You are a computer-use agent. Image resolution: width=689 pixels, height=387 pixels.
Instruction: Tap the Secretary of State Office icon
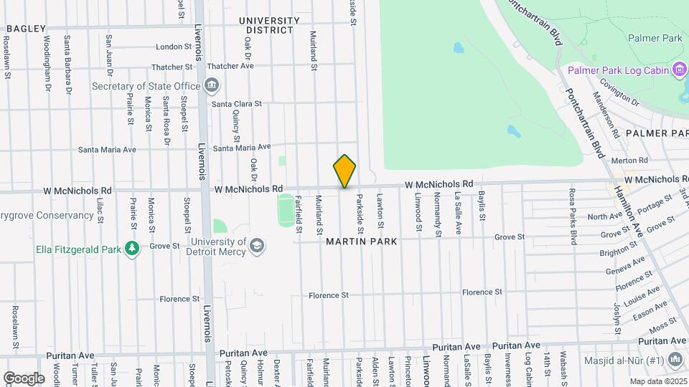click(x=212, y=87)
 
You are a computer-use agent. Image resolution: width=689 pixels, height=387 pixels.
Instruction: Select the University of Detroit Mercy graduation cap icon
click(x=256, y=247)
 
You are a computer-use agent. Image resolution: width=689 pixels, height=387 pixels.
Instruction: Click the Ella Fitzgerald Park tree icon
click(x=131, y=249)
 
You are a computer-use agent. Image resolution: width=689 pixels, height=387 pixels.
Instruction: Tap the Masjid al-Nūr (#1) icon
click(x=675, y=359)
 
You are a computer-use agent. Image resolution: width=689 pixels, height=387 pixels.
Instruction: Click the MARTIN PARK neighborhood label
click(x=362, y=242)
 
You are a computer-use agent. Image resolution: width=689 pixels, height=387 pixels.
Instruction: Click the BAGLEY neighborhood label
click(x=27, y=29)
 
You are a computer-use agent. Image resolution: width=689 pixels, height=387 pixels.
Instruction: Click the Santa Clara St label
click(x=237, y=104)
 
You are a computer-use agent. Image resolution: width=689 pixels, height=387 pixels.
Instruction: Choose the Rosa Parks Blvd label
click(x=573, y=216)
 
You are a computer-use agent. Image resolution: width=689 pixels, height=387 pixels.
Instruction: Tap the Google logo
click(x=24, y=378)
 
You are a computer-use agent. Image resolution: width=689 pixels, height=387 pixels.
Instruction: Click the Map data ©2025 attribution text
click(x=656, y=381)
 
